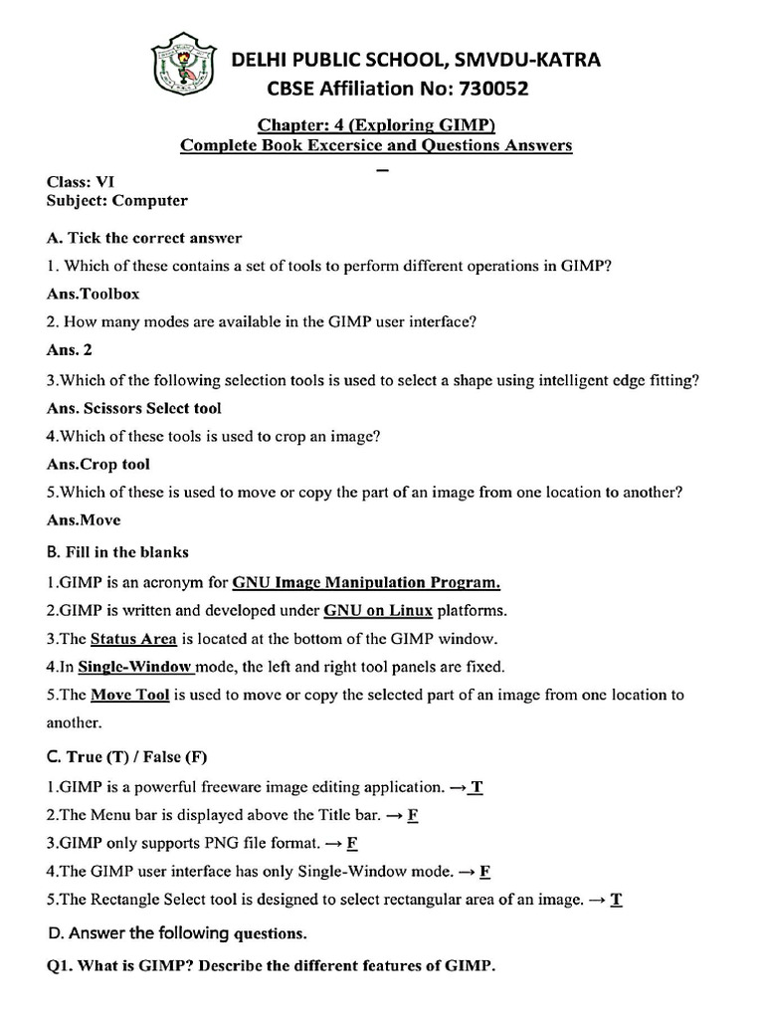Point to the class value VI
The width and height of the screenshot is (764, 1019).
[103, 182]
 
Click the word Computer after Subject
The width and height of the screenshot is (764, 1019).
[149, 200]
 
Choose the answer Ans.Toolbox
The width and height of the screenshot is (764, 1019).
[94, 295]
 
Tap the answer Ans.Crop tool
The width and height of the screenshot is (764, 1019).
[98, 464]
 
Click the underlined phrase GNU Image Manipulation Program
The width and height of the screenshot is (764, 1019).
[366, 582]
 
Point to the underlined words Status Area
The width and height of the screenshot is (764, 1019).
[133, 639]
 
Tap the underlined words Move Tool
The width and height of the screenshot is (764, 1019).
[129, 695]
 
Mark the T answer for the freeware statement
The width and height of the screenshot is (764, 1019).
[477, 787]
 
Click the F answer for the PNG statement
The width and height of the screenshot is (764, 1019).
[351, 843]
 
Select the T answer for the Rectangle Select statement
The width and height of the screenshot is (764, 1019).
[616, 900]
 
